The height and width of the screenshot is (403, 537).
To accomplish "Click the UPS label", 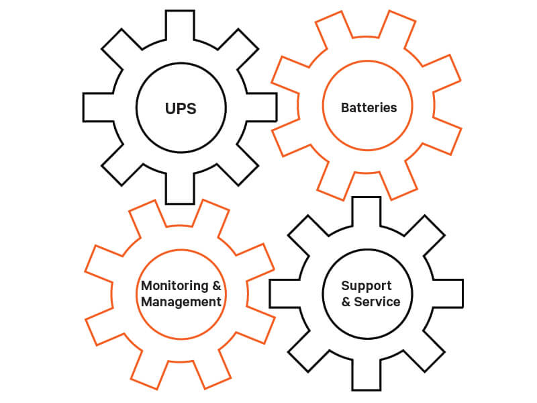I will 180,108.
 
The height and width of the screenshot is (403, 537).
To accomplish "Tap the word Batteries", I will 369,107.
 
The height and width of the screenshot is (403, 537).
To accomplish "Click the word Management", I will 181,302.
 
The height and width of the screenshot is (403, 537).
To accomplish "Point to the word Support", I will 366,286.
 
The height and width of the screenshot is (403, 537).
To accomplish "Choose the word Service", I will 377,302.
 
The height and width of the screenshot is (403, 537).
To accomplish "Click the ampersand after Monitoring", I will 216,285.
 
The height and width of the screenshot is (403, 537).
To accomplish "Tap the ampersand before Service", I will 346,302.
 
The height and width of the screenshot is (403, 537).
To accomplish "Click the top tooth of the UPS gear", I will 180,26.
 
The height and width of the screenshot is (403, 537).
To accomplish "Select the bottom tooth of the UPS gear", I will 180,190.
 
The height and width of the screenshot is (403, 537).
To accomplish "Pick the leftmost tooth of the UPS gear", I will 97,107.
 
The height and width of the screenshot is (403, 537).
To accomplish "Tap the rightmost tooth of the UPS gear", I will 263,107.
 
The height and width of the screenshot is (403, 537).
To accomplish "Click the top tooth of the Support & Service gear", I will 366,211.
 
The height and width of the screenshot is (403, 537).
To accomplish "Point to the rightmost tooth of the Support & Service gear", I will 449,294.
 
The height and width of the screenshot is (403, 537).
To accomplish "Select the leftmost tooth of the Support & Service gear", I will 283,294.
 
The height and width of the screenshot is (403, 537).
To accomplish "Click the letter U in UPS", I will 169,108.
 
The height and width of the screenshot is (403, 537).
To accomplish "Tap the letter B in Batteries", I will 345,107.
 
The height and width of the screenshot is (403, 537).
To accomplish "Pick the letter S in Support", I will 346,286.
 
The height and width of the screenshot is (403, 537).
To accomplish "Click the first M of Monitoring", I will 147,285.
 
